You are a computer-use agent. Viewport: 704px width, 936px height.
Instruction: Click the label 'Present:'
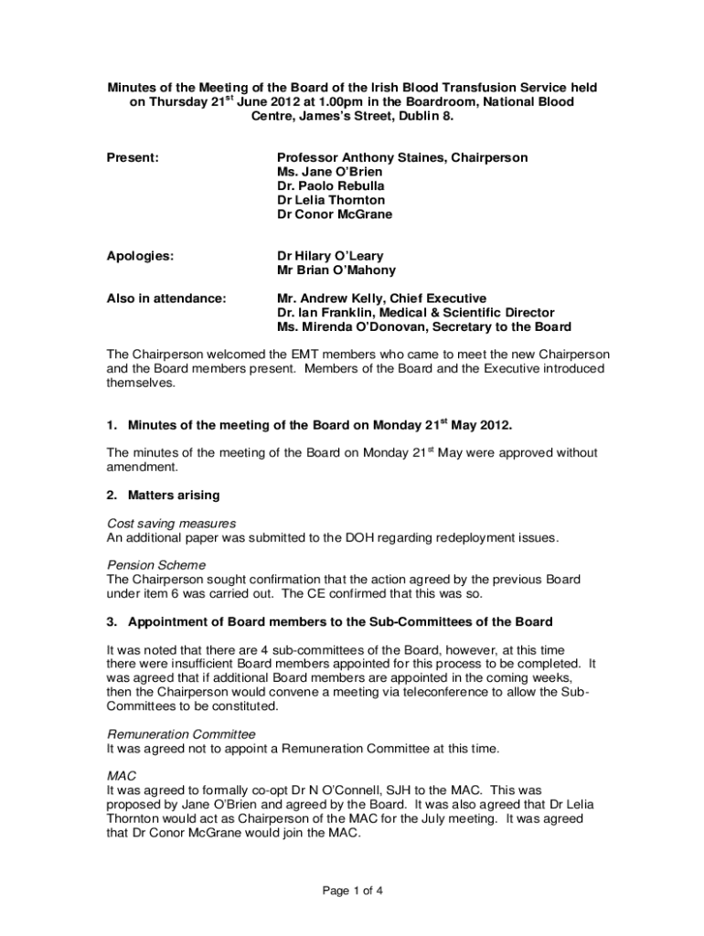(133, 158)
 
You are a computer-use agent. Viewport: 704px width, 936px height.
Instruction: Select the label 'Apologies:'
(141, 257)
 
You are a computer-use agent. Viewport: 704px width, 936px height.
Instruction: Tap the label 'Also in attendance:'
(166, 299)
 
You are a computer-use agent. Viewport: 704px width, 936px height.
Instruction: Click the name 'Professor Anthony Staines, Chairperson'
(402, 158)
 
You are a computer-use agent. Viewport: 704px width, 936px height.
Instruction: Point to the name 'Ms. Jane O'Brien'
(330, 172)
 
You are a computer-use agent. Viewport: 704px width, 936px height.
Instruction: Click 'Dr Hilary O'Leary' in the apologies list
(330, 257)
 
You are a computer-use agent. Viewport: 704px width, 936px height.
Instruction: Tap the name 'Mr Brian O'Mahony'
(336, 271)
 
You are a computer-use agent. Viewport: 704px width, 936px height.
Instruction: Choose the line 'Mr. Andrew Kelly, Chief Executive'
(382, 299)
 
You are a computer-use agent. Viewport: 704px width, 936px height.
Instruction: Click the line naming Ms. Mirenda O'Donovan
(424, 327)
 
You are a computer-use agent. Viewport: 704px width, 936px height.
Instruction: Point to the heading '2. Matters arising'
(163, 495)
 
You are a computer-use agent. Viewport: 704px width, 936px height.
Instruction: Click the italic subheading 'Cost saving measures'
(172, 524)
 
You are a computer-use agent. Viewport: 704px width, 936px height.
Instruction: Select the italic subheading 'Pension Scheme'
(156, 566)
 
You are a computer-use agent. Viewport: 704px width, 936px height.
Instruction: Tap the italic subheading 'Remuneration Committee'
(181, 735)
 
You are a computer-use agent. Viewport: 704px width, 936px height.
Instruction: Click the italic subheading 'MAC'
(122, 776)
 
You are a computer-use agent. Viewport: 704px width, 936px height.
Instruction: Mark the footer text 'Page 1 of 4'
(351, 890)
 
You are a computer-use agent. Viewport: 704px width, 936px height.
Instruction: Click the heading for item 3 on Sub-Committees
(329, 622)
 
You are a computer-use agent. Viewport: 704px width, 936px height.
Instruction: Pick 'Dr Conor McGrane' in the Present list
(335, 215)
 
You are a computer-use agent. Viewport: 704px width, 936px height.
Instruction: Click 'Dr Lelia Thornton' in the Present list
(331, 200)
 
